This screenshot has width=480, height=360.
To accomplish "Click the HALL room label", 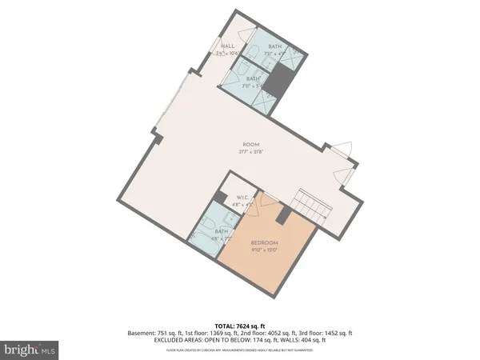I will [x=228, y=46].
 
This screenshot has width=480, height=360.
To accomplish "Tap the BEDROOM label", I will [x=265, y=242].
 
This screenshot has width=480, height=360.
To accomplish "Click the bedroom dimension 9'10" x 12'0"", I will [x=265, y=249].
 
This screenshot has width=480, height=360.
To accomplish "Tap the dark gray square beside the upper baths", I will [x=279, y=80].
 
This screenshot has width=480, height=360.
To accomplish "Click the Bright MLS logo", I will [x=30, y=350].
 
